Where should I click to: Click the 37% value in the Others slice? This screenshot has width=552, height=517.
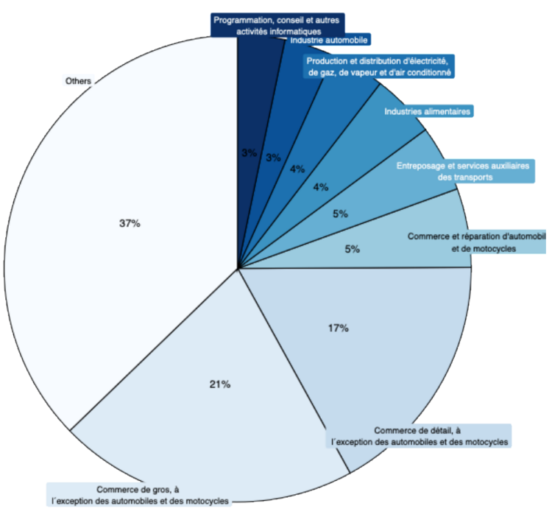point(130,224)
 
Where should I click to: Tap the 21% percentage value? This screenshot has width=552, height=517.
point(220,384)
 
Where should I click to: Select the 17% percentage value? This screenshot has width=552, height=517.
point(338,327)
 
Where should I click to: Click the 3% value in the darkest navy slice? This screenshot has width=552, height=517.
point(249,153)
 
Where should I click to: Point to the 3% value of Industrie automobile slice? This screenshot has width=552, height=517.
point(273,158)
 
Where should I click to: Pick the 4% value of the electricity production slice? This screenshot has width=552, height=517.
point(297,169)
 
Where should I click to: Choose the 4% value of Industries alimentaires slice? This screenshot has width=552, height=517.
point(321,187)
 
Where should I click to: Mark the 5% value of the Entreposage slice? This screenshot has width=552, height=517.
point(340,214)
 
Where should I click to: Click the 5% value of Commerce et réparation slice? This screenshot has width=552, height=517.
point(352,249)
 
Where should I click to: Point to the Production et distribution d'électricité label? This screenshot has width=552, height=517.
point(381,66)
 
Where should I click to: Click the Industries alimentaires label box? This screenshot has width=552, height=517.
point(428,112)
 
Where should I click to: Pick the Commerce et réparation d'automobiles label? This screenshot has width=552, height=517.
point(476,242)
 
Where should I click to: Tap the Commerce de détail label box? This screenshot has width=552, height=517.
point(420,436)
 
